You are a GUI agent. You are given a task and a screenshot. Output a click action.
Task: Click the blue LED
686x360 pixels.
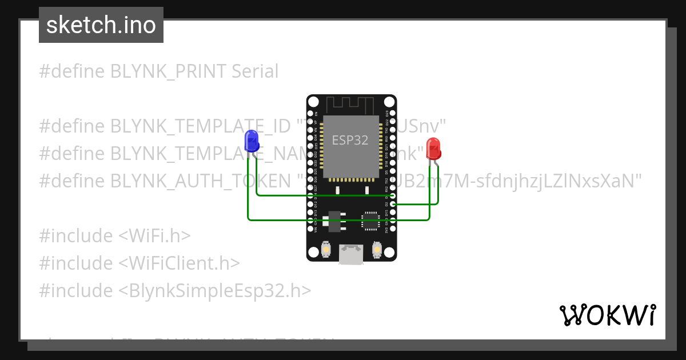click(x=250, y=141)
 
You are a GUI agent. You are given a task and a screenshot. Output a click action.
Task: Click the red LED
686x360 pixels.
click(x=433, y=149)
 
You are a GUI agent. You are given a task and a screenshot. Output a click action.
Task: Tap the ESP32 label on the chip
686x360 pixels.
click(x=350, y=140)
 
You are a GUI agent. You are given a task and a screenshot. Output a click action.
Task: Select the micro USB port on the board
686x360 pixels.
click(x=351, y=254)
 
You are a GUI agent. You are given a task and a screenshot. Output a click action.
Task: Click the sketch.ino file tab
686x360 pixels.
click(x=101, y=25)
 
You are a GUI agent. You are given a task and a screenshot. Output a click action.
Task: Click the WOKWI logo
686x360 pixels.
click(x=607, y=315)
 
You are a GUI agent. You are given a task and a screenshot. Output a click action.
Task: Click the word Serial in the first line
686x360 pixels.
click(x=255, y=71)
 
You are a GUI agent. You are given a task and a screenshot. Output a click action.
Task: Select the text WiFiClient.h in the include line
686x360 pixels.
click(x=180, y=263)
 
